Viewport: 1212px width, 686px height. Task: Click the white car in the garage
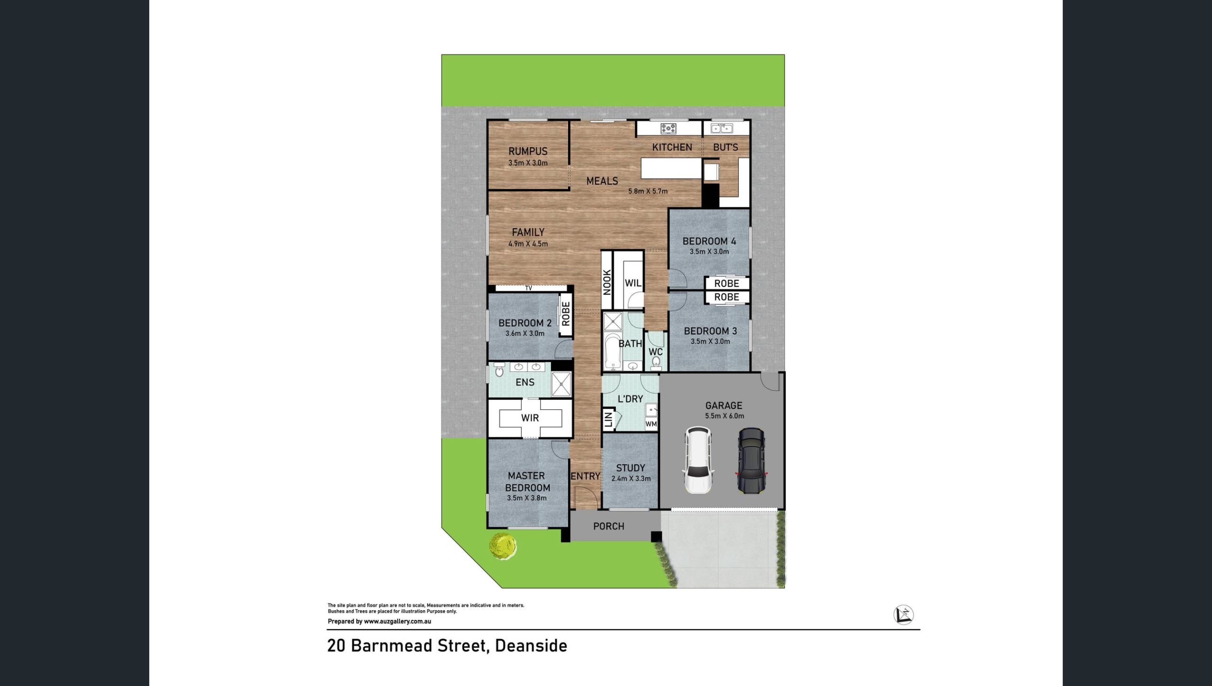point(698,460)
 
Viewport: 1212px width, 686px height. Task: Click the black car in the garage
point(751,460)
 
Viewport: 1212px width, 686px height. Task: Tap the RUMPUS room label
point(528,151)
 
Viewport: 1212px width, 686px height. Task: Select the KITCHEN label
point(672,147)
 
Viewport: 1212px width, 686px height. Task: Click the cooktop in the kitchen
point(668,128)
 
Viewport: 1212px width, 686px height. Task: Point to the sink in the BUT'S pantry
point(722,128)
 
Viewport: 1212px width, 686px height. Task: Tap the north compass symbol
point(903,615)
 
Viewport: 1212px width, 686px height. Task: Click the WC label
point(655,352)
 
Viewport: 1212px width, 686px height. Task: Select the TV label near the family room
point(528,288)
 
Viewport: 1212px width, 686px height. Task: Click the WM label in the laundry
point(651,424)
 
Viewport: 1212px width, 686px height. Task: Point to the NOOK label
point(607,282)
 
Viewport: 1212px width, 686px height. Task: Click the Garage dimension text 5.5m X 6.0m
point(724,416)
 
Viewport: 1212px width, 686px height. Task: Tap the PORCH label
point(608,526)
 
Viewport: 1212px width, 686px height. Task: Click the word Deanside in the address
point(531,646)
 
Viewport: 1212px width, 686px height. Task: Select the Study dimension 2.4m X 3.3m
point(631,478)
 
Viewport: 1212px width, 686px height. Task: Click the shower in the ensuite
point(561,384)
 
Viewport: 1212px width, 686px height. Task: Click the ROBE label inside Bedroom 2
point(566,314)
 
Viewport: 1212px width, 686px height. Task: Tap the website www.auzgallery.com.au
point(397,622)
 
